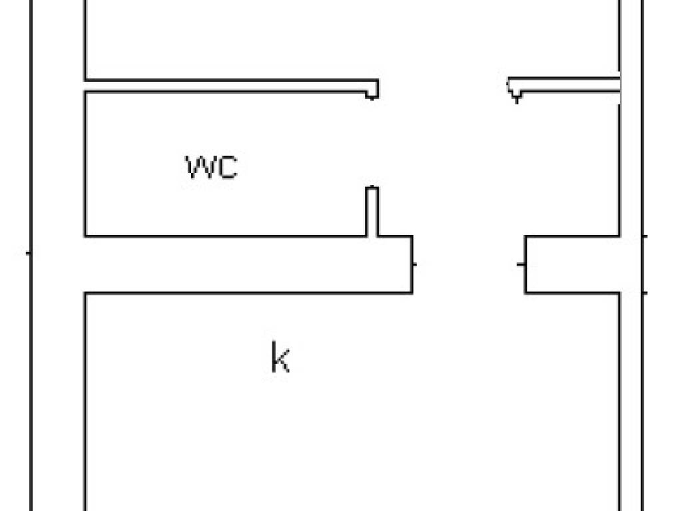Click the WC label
coord(211,167)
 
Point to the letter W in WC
coord(200,167)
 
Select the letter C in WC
coord(227,167)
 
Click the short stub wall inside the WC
coord(372,212)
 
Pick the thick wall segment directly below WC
coord(246,264)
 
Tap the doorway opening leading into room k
coord(468,264)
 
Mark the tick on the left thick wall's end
coord(415,264)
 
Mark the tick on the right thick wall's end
coord(521,264)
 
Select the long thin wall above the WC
coord(226,85)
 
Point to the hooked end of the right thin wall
coord(515,91)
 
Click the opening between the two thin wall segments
coord(443,86)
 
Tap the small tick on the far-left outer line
coord(29,253)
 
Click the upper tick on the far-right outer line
coord(644,236)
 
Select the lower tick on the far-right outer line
coord(644,292)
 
